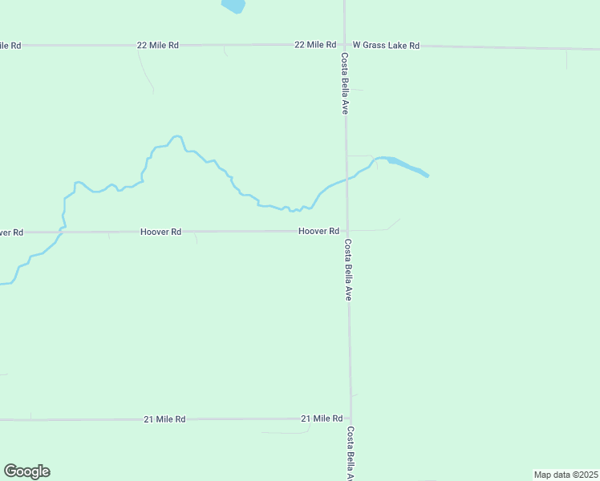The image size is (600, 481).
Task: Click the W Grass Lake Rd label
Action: click(x=386, y=46)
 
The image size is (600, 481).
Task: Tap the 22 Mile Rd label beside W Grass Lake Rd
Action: click(x=315, y=45)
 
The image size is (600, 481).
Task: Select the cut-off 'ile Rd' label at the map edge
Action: click(x=10, y=45)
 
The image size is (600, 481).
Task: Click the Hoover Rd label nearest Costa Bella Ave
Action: click(x=318, y=231)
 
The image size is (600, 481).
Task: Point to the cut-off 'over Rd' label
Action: click(x=11, y=232)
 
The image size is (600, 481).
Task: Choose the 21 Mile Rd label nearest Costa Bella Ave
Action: click(x=322, y=418)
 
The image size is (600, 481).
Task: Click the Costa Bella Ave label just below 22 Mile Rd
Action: click(x=344, y=83)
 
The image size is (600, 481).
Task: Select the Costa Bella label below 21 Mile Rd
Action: click(x=351, y=452)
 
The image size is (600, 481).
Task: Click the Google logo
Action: click(x=26, y=471)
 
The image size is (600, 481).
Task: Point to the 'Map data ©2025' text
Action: click(x=566, y=475)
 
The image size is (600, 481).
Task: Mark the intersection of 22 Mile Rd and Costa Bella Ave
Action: click(x=345, y=46)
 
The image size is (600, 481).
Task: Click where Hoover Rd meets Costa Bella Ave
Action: click(x=347, y=231)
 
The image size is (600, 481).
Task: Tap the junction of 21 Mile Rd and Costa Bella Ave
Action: click(x=350, y=418)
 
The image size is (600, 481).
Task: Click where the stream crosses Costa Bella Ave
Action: click(x=347, y=178)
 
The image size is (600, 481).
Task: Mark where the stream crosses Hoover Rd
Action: click(x=63, y=232)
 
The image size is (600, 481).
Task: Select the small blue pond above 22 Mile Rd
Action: click(x=233, y=6)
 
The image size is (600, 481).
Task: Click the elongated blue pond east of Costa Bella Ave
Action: click(x=408, y=168)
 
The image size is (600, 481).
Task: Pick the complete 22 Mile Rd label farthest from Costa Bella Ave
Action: click(x=157, y=46)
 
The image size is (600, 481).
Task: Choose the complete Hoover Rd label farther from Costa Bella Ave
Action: click(x=160, y=232)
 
